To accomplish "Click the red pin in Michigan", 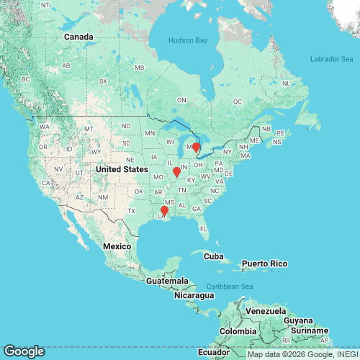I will click(196, 148).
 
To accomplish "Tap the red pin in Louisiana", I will click(163, 211).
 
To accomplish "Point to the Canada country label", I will click(78, 37).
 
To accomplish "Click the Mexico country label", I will click(116, 246).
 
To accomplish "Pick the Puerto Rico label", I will click(264, 264).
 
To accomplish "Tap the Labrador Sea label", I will click(328, 58).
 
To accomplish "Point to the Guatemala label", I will click(164, 281).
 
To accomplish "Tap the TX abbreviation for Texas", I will click(132, 210).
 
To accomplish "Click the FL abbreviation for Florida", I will click(204, 229).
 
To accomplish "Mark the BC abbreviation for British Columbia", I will click(27, 78).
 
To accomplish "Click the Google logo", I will click(24, 351).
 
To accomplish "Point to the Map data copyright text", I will click(302, 354).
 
